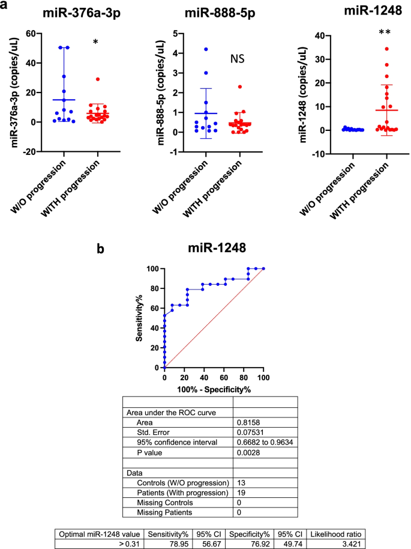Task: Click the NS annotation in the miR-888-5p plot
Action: pos(239,58)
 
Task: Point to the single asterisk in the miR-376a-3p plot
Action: pos(95,43)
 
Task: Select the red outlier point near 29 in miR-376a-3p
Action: pos(97,79)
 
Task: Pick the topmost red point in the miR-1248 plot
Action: pos(370,49)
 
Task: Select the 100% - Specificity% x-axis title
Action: pos(213,389)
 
